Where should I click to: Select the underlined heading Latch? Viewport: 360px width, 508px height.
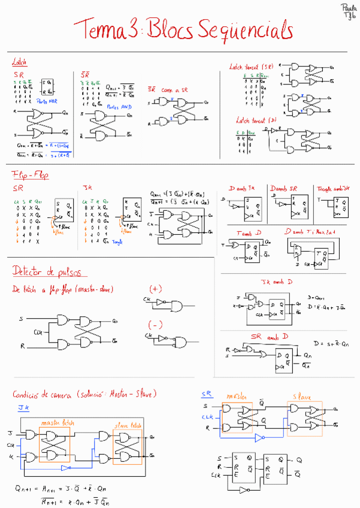click(x=19, y=62)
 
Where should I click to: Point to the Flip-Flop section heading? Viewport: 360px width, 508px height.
click(x=30, y=174)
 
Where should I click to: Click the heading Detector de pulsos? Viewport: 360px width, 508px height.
click(x=46, y=272)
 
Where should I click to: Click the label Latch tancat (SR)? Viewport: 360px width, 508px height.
click(x=251, y=67)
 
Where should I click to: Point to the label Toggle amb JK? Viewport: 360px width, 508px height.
click(x=333, y=188)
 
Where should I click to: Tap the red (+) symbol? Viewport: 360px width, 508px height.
click(x=155, y=288)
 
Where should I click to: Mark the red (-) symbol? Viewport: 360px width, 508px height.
click(x=155, y=325)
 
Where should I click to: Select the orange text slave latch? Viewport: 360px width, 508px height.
click(x=127, y=423)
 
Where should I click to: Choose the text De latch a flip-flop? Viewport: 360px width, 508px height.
click(x=63, y=289)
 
